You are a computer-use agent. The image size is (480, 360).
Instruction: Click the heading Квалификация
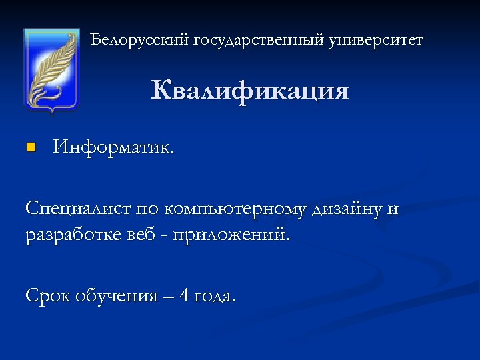250,91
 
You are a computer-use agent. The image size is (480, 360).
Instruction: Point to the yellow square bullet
29,147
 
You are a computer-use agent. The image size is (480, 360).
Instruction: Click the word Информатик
113,147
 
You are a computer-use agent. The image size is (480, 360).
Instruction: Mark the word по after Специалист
149,209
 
